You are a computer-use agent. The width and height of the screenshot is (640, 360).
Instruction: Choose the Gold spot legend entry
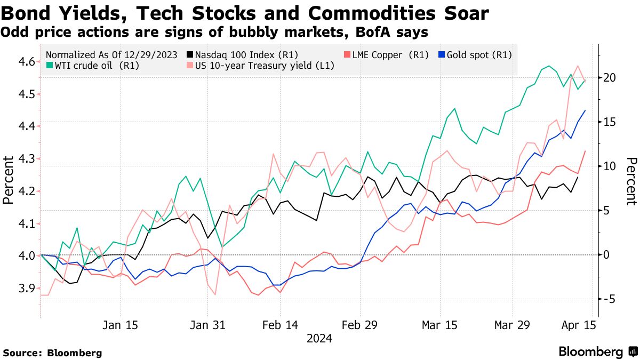coord(474,54)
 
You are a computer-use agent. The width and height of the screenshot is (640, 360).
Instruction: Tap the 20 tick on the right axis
coord(610,78)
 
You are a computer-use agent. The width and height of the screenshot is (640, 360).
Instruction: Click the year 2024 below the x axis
coord(319,339)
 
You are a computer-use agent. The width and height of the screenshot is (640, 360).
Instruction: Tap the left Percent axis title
coord(7,180)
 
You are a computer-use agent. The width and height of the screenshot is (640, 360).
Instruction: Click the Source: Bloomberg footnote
coord(52,353)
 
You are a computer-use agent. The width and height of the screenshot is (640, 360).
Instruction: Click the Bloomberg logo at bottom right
coord(597,352)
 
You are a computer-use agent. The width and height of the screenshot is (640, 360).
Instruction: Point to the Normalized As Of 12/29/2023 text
coord(112,54)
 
